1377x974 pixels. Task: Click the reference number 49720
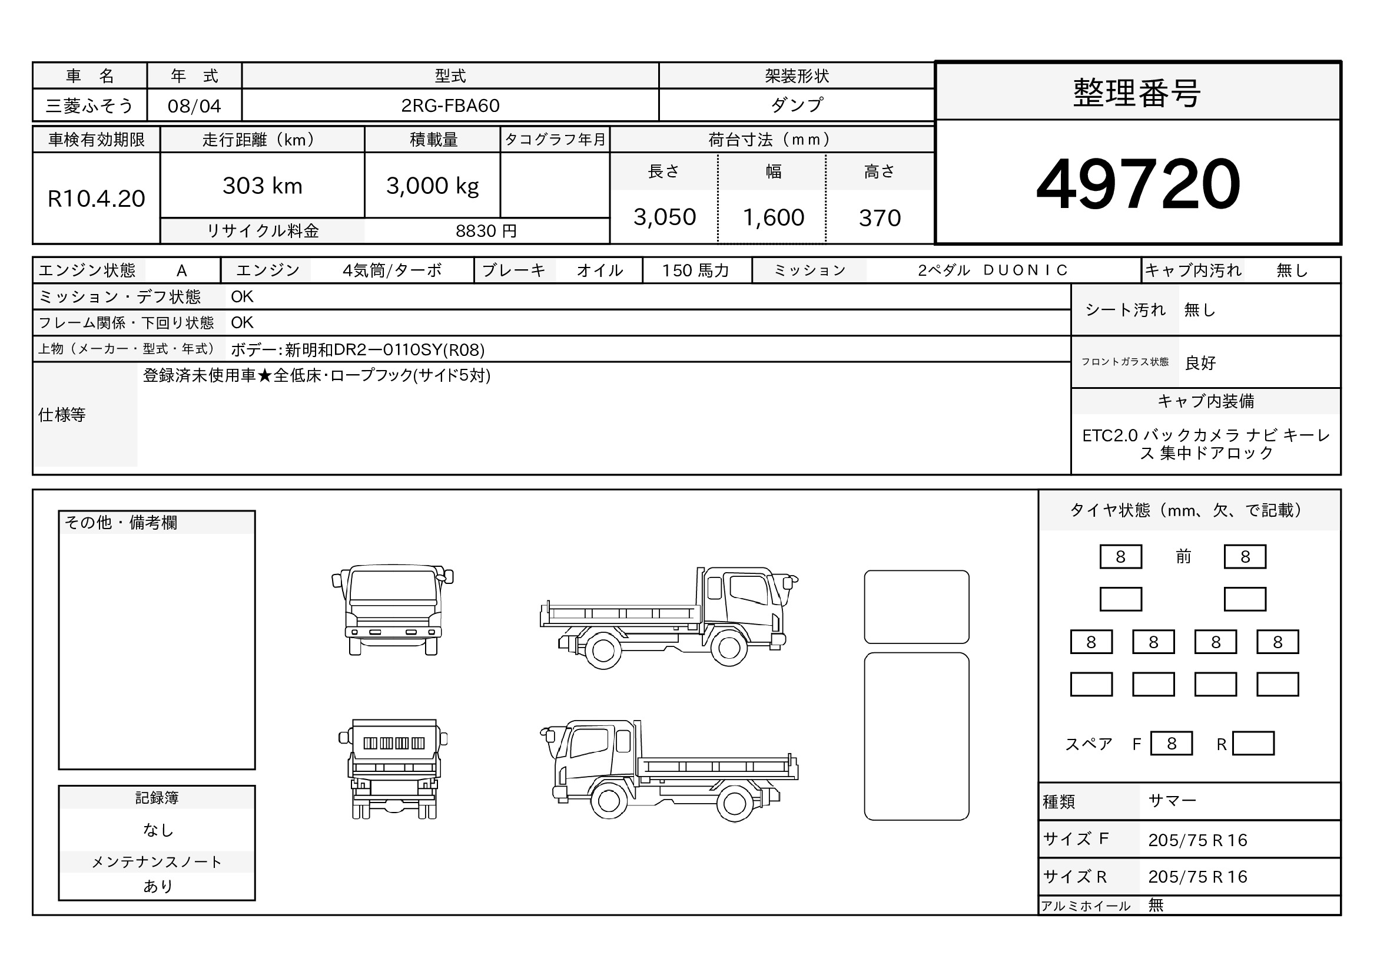1138,183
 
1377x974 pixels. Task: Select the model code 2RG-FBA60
450,105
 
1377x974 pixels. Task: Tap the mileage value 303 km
262,186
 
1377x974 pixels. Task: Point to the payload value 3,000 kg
433,186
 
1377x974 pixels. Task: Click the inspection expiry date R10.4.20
96,199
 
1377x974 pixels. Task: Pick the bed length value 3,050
665,217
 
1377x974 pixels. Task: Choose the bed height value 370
880,218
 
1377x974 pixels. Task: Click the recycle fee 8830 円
486,231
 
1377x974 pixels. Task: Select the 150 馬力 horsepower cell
696,270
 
